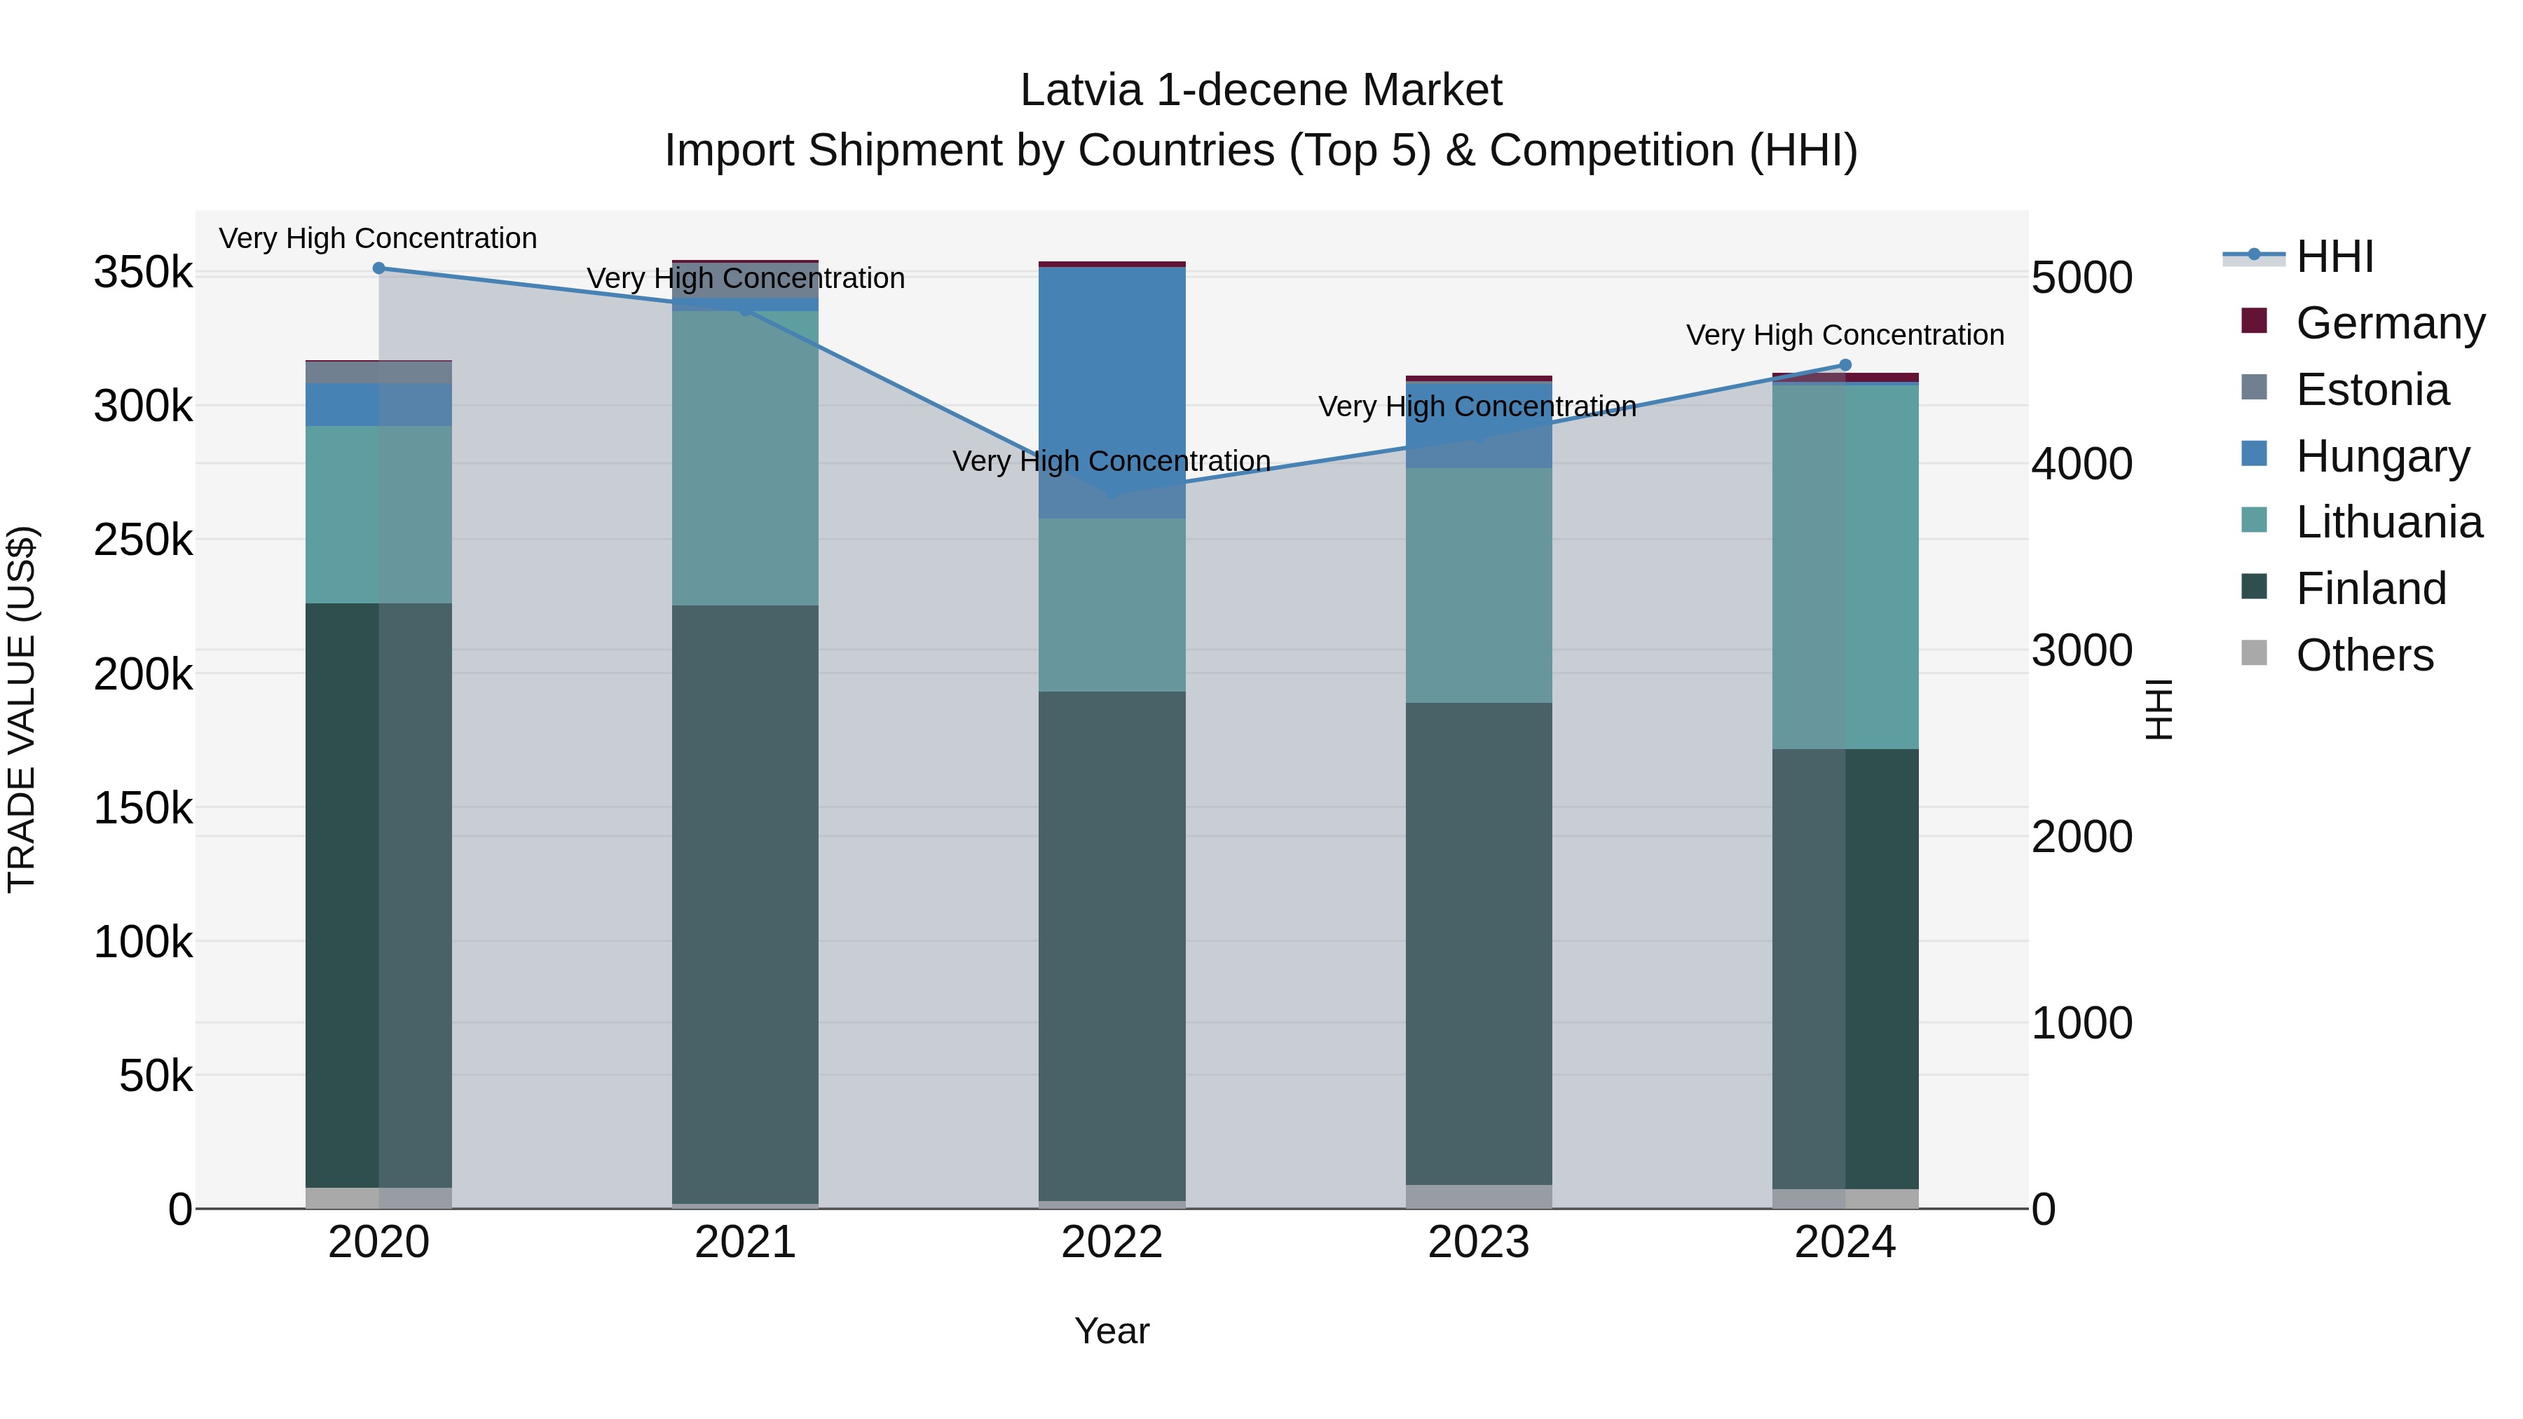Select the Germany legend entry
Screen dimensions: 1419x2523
[x=2390, y=323]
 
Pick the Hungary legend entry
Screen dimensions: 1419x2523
[x=2382, y=456]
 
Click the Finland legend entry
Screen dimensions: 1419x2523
[x=2370, y=589]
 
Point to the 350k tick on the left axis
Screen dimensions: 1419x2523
[x=143, y=273]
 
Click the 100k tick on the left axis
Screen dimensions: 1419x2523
[x=143, y=942]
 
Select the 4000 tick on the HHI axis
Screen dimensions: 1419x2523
[x=2081, y=464]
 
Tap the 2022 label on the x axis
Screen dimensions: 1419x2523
[x=1112, y=1242]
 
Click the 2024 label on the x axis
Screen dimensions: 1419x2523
[x=1845, y=1242]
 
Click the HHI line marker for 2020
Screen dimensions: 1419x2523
[x=379, y=268]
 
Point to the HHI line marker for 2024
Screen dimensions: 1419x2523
[x=1845, y=365]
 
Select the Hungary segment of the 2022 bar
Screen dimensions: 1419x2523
[x=1112, y=392]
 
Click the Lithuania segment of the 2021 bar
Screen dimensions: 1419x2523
[x=746, y=458]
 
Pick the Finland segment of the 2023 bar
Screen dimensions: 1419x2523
[x=1479, y=943]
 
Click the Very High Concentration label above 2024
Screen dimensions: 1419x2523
[x=1845, y=335]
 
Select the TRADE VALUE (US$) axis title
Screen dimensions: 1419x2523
[x=22, y=709]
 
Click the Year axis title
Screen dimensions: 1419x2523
[x=1112, y=1331]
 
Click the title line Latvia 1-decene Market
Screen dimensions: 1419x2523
[x=1261, y=90]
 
